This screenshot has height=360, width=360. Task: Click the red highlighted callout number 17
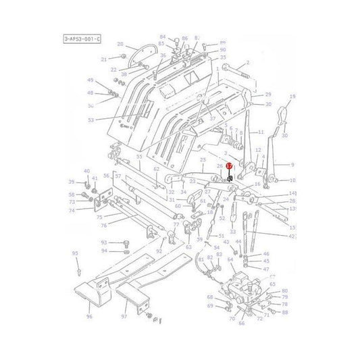point(230,165)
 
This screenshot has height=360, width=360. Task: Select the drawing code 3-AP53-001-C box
point(83,40)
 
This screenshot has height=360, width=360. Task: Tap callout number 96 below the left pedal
point(89,316)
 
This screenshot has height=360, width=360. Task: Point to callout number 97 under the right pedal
point(124,316)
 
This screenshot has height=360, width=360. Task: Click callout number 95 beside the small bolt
point(76,253)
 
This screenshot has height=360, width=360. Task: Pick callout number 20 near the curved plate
point(120,45)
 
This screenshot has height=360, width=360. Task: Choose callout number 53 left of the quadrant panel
point(91,120)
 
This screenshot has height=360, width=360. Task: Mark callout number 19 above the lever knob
point(292,97)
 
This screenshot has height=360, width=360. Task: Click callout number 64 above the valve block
point(231,259)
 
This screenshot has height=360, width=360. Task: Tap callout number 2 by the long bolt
point(248,63)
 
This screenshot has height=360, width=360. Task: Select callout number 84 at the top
point(162,36)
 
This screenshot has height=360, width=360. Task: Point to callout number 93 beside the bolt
point(104,242)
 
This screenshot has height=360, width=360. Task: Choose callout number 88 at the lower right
point(285,312)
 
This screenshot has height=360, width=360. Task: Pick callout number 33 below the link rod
point(232,231)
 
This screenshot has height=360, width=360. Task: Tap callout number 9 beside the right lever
point(292,164)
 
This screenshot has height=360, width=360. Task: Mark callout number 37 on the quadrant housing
point(194,119)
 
